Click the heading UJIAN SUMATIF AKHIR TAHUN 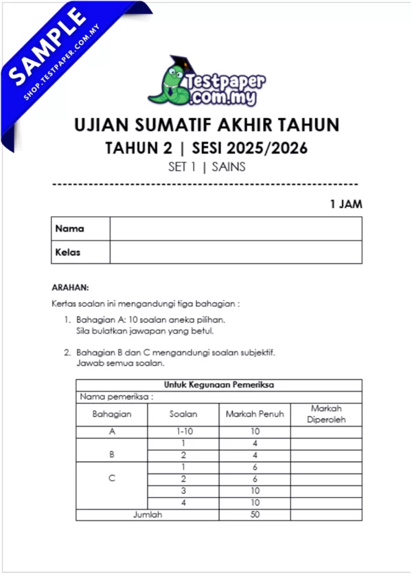tap(206, 126)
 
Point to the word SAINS tap(229, 166)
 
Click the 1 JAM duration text tap(345, 204)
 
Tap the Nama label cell tap(69, 229)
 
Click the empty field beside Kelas tap(236, 252)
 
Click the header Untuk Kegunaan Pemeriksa tap(219, 384)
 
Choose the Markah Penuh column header tap(254, 414)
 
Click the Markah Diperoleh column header tap(326, 414)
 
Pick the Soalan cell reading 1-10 tap(183, 432)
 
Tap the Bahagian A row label tap(111, 432)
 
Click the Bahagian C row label tap(111, 478)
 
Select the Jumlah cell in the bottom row tap(148, 514)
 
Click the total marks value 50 tap(255, 514)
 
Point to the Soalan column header tap(183, 414)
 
